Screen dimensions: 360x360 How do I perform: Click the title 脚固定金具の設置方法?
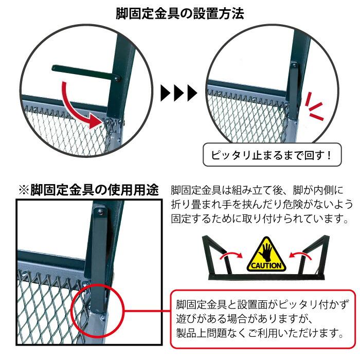click(180, 13)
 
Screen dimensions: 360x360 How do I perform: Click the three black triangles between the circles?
click(179, 93)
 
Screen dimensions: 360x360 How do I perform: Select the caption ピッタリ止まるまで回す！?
click(271, 155)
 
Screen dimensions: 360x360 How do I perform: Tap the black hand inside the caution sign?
click(266, 252)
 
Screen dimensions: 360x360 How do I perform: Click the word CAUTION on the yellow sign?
click(266, 266)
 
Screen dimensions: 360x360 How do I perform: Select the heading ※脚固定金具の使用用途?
click(88, 190)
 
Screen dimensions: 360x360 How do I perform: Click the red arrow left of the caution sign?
click(231, 255)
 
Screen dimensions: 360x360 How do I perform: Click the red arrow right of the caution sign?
click(300, 255)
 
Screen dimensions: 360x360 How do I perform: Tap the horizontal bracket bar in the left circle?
click(85, 73)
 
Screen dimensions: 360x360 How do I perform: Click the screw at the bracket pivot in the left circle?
click(117, 79)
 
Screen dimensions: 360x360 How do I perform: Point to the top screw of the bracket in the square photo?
click(100, 212)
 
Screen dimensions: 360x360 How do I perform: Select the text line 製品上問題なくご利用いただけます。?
click(260, 333)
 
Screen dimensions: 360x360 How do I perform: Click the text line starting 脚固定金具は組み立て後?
click(257, 190)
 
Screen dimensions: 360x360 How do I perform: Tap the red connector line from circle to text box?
click(148, 311)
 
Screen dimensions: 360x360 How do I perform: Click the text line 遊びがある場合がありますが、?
click(245, 319)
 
